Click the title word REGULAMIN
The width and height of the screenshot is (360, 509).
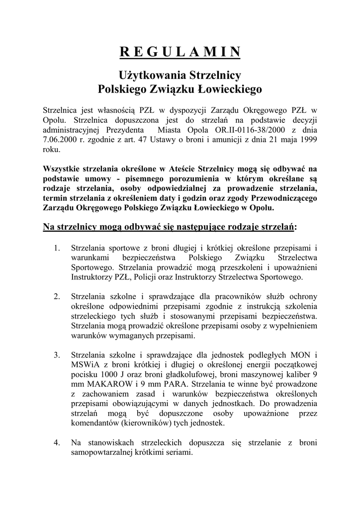click(x=180, y=52)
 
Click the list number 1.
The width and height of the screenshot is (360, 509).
click(x=57, y=247)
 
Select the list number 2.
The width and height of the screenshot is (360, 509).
click(x=57, y=296)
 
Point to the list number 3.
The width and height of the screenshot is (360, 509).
click(x=57, y=355)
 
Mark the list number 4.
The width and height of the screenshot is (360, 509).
click(x=57, y=443)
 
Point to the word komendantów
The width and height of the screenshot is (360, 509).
click(x=95, y=424)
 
